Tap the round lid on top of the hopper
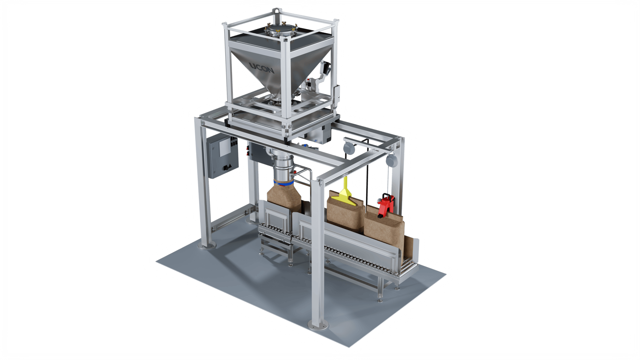(x=280, y=30)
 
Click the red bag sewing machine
(x=386, y=205)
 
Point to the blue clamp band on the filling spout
(x=283, y=183)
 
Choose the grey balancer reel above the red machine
(x=392, y=161)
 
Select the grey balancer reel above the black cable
(x=349, y=148)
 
